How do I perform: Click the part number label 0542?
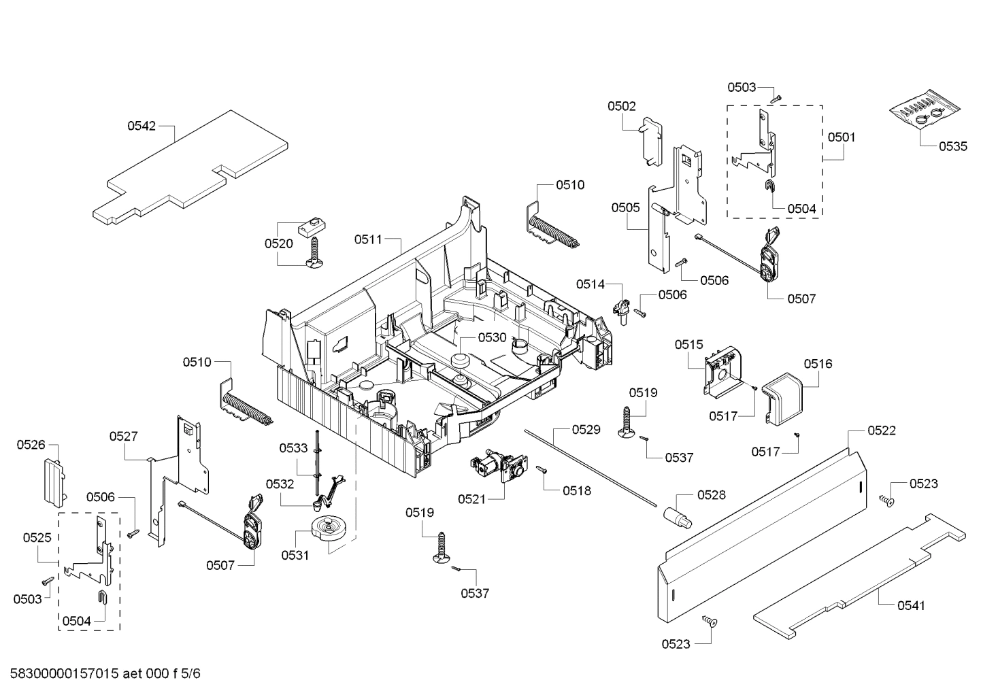click(x=142, y=126)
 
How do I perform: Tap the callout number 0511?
click(x=368, y=239)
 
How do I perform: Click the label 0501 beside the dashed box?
click(x=842, y=137)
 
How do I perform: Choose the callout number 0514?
click(x=591, y=284)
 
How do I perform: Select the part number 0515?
click(x=688, y=345)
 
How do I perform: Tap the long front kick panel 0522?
click(x=762, y=530)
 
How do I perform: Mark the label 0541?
click(x=911, y=605)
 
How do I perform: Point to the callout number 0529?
click(x=586, y=429)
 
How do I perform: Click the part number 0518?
click(x=576, y=490)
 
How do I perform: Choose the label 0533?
click(x=293, y=447)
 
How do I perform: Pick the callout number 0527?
click(x=124, y=436)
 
